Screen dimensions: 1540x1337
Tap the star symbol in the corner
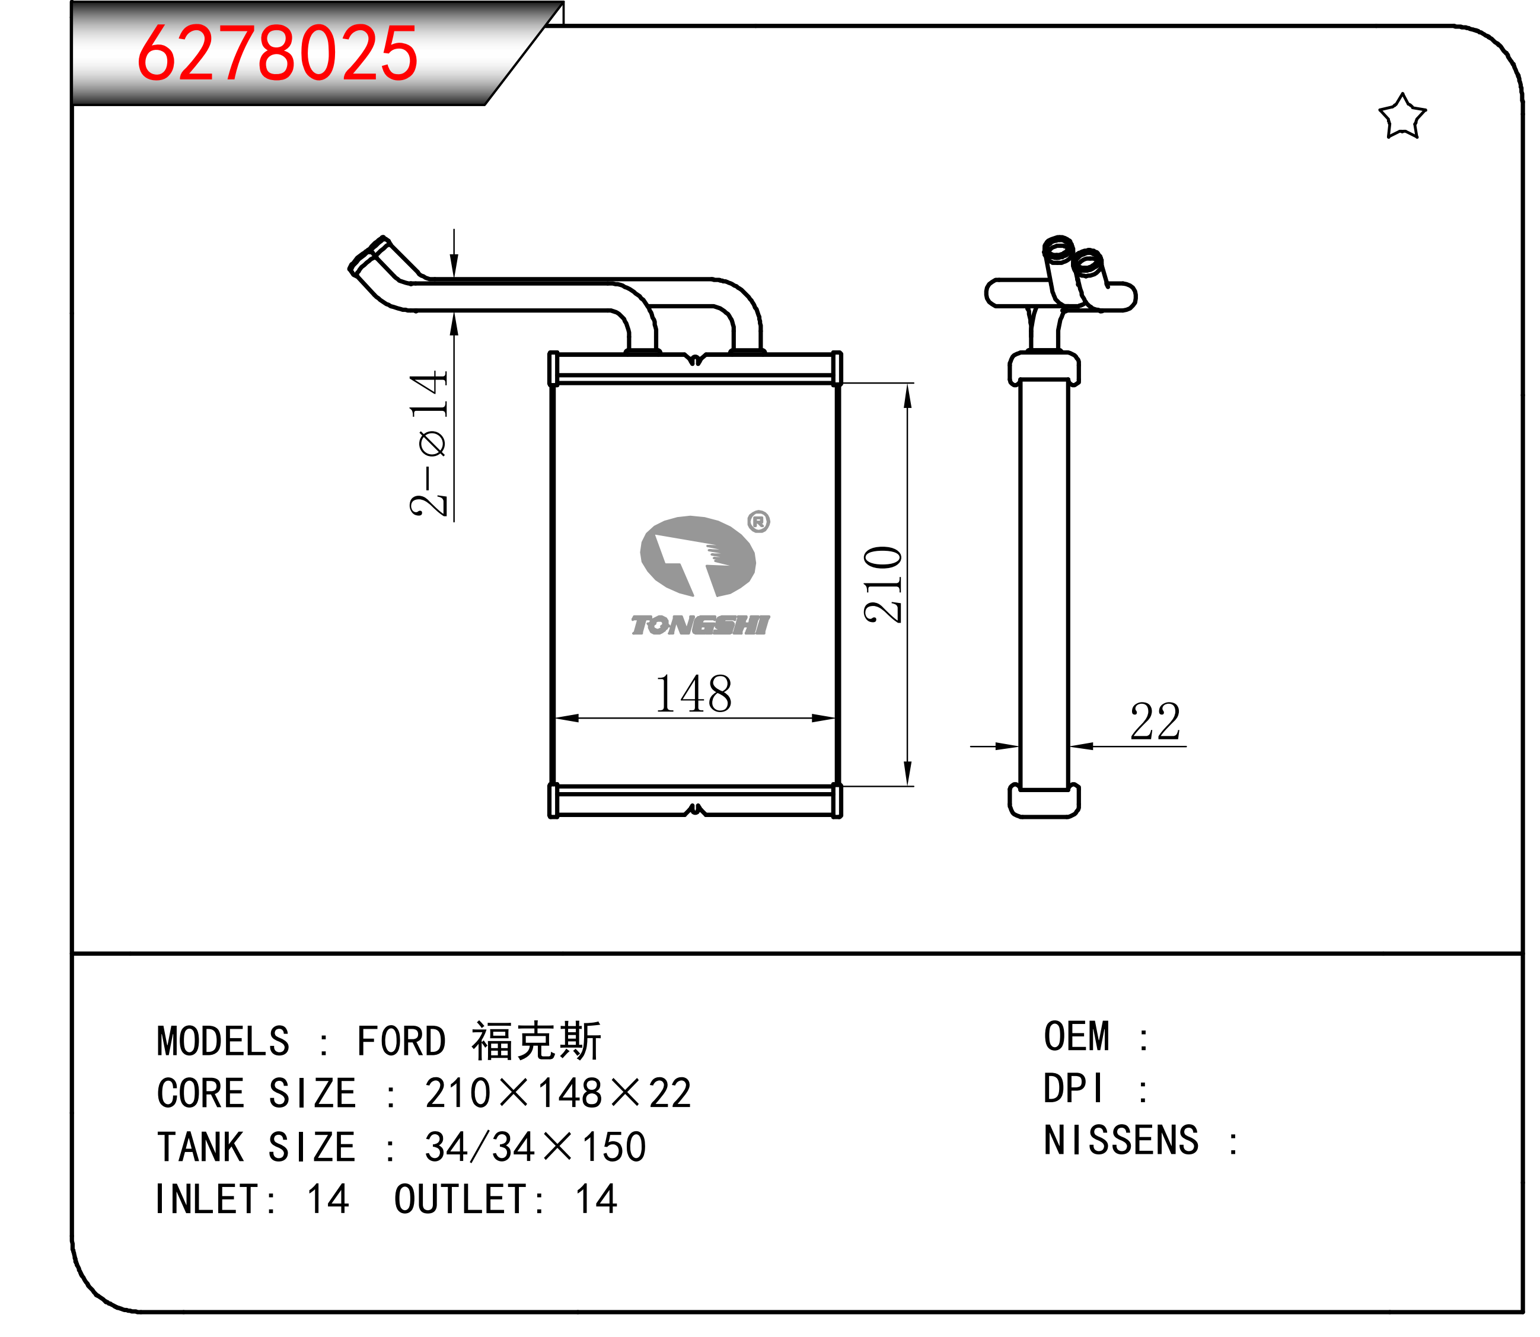click(1402, 117)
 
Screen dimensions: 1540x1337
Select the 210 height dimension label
click(884, 585)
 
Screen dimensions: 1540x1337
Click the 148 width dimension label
click(693, 694)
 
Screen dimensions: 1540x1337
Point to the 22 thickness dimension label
click(1155, 722)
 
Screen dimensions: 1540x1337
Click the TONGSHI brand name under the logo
click(700, 626)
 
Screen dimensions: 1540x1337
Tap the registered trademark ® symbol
click(759, 522)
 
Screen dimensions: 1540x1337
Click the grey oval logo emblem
click(697, 556)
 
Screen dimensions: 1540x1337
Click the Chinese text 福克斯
click(535, 1041)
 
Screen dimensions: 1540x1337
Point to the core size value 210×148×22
click(558, 1094)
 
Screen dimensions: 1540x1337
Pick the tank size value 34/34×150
click(535, 1147)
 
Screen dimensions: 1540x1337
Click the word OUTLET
click(461, 1199)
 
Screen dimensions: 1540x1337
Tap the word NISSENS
click(1121, 1141)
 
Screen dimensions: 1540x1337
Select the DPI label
click(1072, 1089)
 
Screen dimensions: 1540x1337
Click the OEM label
click(1077, 1037)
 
